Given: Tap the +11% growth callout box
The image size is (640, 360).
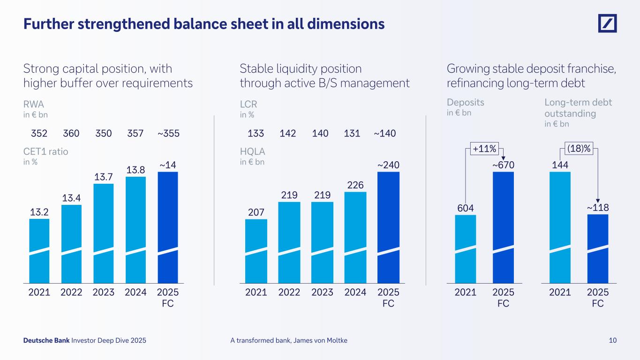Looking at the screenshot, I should click(484, 149).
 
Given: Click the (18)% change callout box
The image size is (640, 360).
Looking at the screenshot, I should click(579, 149).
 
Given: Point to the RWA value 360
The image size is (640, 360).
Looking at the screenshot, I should click(71, 134).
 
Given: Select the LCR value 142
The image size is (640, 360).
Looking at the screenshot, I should click(288, 134).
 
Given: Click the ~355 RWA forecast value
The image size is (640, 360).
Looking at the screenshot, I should click(168, 134).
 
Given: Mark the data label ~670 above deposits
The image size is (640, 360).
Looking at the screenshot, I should click(503, 165).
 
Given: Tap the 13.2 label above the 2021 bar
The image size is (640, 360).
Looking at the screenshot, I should click(39, 212).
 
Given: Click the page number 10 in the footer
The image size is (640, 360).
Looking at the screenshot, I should click(612, 341).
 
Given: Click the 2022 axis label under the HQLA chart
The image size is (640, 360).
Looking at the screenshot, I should click(289, 292).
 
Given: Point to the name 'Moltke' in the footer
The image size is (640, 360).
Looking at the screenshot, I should click(336, 341).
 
